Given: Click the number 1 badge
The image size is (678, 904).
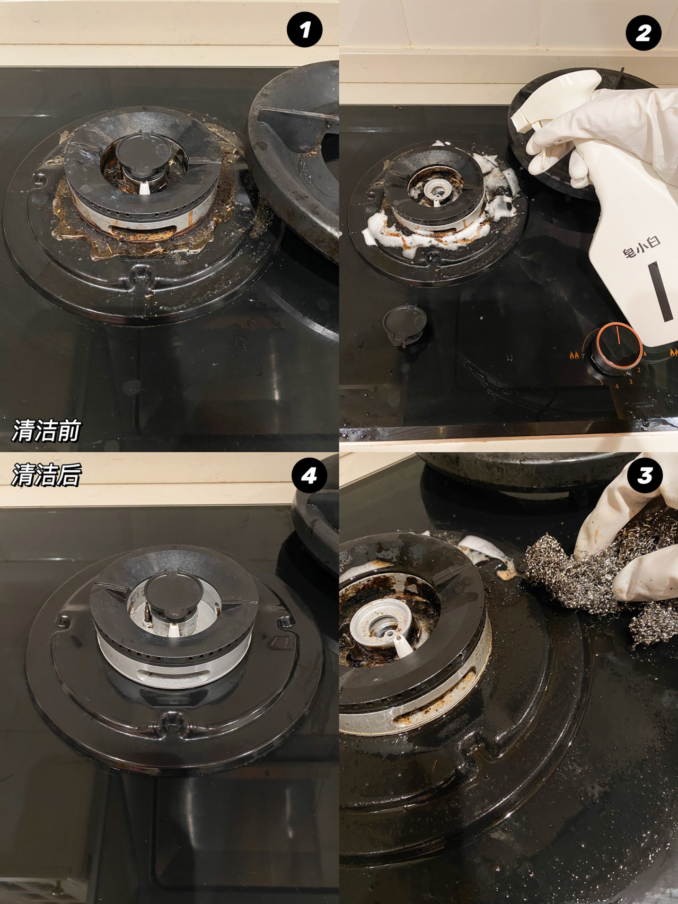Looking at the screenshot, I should [x=304, y=30].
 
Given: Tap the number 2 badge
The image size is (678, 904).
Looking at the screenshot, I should [x=643, y=33].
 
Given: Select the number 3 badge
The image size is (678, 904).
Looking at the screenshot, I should [x=644, y=475].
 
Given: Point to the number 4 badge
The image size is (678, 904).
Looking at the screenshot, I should [x=309, y=476].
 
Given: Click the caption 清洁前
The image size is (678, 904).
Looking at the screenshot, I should [x=46, y=430].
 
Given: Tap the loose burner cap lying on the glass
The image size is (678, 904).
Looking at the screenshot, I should [x=404, y=323].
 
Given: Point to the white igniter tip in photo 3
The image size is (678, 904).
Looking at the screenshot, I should [x=401, y=644].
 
